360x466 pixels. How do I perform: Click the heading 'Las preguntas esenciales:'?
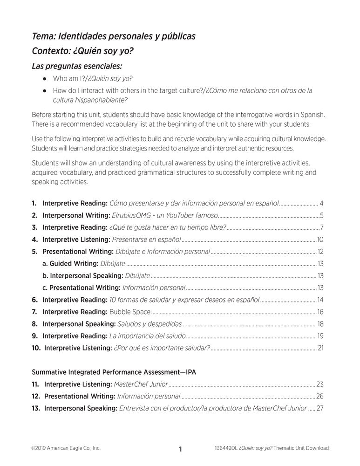tap(77, 66)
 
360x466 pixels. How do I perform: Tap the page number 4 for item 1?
tap(322, 203)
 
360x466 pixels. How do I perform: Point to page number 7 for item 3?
tap(322, 227)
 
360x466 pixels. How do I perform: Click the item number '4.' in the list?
tap(35, 240)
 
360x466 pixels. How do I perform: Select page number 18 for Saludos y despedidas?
tap(320, 323)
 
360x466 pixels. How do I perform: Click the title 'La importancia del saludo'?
tap(148, 336)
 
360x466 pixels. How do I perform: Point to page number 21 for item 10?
tap(320, 348)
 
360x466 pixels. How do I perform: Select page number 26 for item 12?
tap(319, 396)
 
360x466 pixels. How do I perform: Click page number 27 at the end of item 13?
tap(319, 408)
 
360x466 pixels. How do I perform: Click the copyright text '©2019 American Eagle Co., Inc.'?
tap(66, 448)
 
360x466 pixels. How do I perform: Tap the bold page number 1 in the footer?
tap(180, 449)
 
